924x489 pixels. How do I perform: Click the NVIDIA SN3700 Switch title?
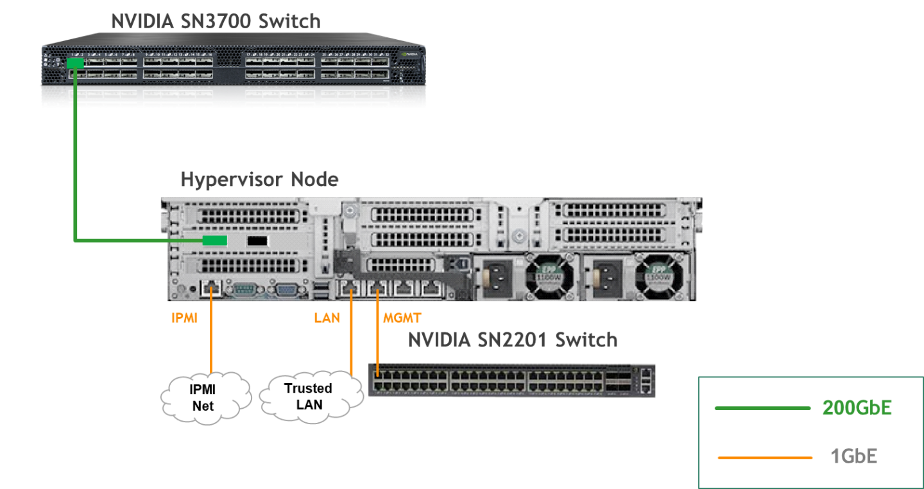point(216,21)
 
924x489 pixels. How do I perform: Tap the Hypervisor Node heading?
point(259,179)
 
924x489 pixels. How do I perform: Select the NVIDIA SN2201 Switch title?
point(513,339)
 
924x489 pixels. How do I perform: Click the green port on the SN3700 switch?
point(75,63)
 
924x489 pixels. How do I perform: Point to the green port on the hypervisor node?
point(215,241)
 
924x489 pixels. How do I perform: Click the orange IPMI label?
point(184,318)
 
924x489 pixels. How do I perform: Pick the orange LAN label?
point(327,318)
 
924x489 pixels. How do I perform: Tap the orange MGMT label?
point(402,318)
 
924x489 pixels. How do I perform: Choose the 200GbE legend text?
point(857,408)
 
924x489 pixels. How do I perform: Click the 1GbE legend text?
point(853,457)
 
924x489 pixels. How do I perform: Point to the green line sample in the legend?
point(762,408)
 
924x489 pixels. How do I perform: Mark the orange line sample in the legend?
point(765,458)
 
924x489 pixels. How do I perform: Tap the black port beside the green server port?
point(257,241)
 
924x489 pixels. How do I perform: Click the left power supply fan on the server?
point(549,275)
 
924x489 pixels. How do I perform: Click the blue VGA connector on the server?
point(286,290)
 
